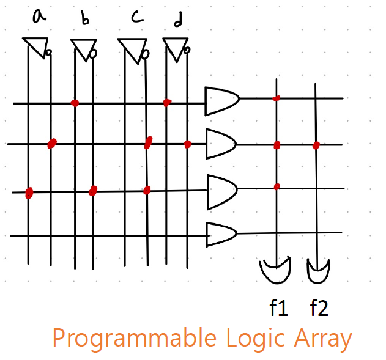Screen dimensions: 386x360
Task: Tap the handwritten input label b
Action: coord(85,20)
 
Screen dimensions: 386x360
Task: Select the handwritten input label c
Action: coord(136,17)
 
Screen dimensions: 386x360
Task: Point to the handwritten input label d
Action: coord(178,21)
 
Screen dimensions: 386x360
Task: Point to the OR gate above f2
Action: coord(318,271)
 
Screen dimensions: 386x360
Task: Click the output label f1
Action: coord(278,308)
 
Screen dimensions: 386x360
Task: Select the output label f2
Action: coord(319,308)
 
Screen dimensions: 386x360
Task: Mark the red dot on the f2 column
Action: coord(316,145)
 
